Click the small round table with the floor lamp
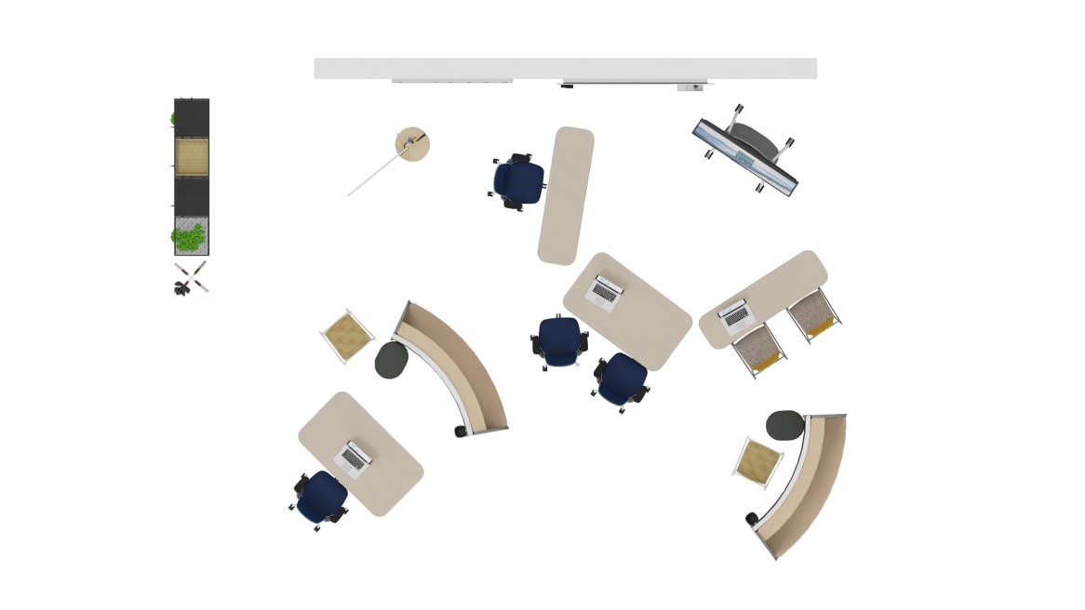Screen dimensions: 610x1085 coord(412,144)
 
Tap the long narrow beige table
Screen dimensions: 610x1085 coord(565,195)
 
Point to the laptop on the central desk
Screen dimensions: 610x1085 coord(605,291)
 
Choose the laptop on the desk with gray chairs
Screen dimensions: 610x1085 coord(736,315)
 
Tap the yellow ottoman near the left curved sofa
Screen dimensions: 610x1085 coord(346,335)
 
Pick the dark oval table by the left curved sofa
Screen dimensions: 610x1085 coord(392,360)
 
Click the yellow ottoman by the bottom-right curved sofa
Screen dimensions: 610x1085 coord(759,461)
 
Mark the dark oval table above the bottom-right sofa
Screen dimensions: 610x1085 coord(784,426)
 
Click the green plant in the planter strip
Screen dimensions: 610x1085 coord(189,237)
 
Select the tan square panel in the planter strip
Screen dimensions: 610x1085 coord(192,157)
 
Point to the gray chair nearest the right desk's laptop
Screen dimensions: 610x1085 coord(758,349)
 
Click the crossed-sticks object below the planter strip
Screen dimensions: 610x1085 coord(191,277)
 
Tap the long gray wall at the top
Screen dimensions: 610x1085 coord(565,68)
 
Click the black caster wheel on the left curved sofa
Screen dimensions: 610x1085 coord(460,431)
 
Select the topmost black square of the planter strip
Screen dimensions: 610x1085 coord(192,118)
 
